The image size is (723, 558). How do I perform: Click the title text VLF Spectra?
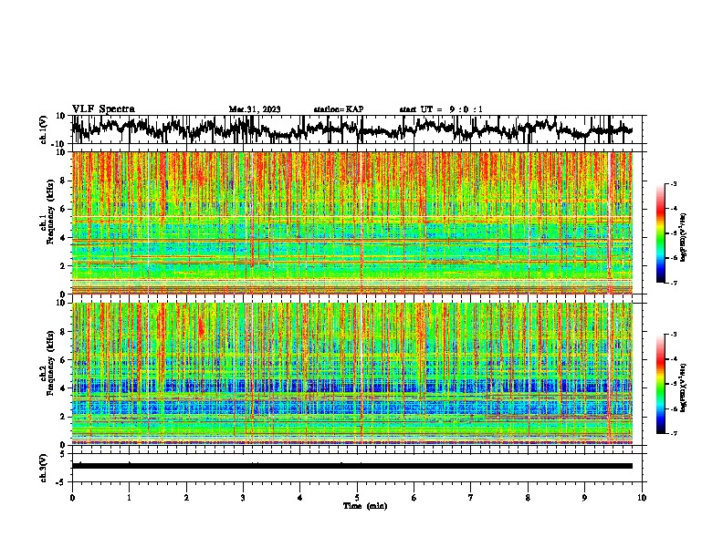[103, 108]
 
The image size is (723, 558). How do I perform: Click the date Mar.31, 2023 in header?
[254, 109]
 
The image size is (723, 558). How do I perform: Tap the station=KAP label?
[338, 109]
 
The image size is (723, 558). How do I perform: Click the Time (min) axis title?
[364, 505]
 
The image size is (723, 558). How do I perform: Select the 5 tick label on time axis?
[357, 497]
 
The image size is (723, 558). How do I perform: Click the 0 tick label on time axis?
[72, 497]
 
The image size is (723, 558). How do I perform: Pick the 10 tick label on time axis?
[642, 497]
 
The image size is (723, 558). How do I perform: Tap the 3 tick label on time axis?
[243, 497]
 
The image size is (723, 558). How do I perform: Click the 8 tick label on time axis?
[528, 497]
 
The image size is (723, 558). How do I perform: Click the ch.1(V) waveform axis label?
[44, 130]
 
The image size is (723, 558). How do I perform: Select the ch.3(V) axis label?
[44, 466]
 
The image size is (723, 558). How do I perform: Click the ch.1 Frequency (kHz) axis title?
[47, 222]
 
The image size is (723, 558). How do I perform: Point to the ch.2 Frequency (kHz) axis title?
[47, 373]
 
